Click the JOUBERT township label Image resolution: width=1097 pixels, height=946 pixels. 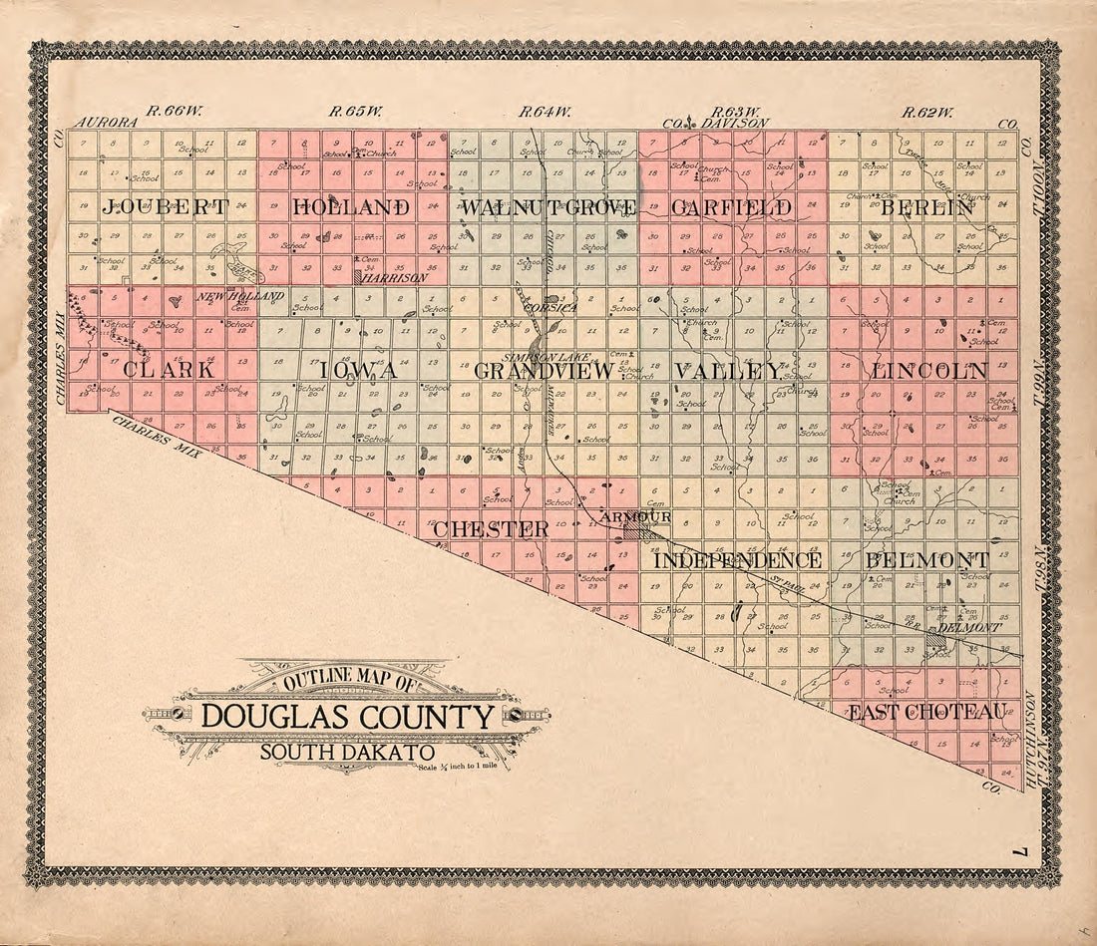165,208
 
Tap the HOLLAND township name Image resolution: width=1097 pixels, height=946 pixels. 352,208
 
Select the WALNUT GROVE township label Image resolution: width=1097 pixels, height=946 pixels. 548,208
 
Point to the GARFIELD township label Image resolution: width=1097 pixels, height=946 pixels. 731,208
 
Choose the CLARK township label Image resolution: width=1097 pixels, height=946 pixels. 169,369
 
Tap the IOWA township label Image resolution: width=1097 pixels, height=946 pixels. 357,370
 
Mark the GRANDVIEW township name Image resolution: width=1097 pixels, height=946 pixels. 544,371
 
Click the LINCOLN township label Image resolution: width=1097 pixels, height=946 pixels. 929,370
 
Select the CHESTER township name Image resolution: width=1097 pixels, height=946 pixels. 491,529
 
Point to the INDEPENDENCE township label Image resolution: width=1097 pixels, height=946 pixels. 738,560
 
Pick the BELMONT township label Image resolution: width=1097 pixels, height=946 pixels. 927,560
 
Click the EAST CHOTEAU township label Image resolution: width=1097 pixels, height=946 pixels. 927,712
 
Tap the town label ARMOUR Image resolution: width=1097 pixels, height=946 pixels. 636,517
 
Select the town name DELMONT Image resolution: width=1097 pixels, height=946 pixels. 968,628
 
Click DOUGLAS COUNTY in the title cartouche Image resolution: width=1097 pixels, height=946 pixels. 348,717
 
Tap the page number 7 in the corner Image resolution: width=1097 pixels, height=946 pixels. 1016,853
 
